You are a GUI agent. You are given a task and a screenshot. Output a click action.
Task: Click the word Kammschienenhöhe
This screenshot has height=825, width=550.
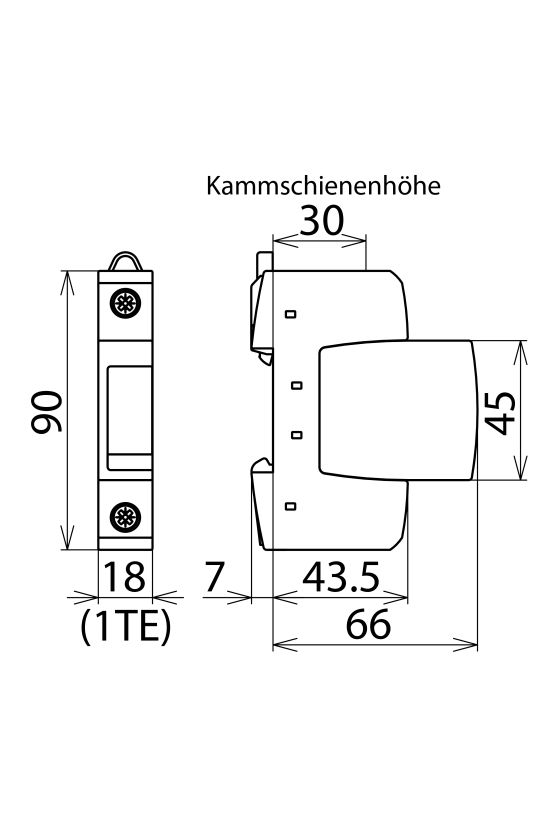[323, 186]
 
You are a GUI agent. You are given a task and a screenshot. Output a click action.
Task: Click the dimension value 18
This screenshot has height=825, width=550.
[124, 578]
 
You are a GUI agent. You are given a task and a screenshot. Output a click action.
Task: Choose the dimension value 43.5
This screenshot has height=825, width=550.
[340, 578]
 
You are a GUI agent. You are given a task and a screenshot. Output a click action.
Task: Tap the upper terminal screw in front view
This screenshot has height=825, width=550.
[125, 304]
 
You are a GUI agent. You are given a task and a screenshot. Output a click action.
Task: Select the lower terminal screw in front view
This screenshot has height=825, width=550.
[125, 517]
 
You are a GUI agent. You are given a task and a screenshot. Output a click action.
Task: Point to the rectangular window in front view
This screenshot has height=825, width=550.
[125, 410]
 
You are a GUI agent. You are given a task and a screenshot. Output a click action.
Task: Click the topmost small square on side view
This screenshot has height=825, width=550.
[291, 315]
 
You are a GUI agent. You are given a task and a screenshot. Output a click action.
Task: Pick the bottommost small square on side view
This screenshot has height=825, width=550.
[291, 506]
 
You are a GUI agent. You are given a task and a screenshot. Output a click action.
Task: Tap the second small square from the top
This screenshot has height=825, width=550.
[295, 383]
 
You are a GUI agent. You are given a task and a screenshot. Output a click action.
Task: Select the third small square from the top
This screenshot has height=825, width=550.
[295, 434]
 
